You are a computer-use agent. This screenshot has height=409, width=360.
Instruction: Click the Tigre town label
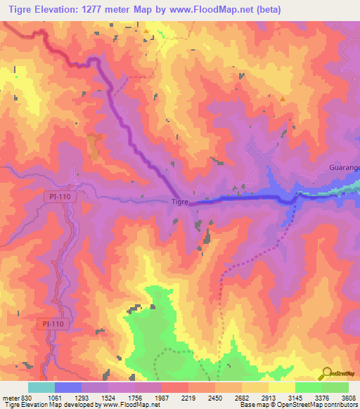coord(181,202)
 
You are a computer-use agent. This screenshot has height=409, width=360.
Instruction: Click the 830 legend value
coord(25,398)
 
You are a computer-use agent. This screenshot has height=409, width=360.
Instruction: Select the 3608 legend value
coord(349,398)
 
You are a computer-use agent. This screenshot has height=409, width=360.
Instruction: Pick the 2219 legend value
coord(188,398)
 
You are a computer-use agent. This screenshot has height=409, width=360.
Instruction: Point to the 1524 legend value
coord(108,398)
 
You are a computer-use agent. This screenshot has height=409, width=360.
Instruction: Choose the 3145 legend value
coord(295,398)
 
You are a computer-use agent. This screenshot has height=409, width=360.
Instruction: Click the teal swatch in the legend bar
coord(41,387)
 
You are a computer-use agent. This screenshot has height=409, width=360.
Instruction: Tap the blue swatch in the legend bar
coord(68,387)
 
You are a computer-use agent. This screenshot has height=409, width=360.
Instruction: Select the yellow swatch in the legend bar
coord(282,387)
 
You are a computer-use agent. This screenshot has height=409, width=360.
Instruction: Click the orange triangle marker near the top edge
coord(146,32)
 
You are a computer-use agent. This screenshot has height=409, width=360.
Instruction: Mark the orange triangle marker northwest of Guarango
coord(283,99)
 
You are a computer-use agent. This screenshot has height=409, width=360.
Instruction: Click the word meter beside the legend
coord(11,398)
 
